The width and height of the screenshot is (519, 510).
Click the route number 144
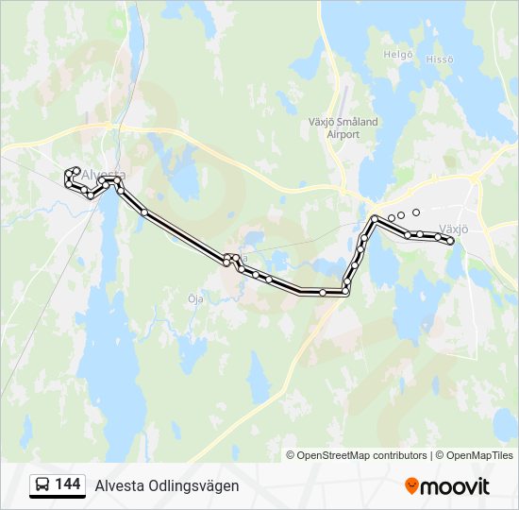tap(67, 484)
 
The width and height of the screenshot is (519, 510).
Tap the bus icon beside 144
tap(42, 485)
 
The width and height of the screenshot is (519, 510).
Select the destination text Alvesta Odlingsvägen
tap(167, 485)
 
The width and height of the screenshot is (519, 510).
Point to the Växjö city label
tap(455, 228)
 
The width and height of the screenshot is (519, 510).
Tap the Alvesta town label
tap(104, 176)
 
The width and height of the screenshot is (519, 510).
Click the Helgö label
tap(398, 55)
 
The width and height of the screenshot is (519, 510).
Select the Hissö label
tap(440, 59)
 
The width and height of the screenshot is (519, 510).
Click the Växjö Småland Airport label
tap(343, 127)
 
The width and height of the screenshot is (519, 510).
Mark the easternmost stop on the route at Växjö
tap(451, 242)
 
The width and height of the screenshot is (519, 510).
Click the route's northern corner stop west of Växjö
tap(376, 219)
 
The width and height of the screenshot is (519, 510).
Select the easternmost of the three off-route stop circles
tap(416, 212)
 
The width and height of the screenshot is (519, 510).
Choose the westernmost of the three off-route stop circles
tap(392, 218)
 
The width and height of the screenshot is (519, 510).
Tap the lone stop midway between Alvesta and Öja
tap(144, 212)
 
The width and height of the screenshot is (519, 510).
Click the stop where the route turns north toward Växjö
tap(346, 292)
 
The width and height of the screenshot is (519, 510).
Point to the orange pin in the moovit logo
tap(411, 485)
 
